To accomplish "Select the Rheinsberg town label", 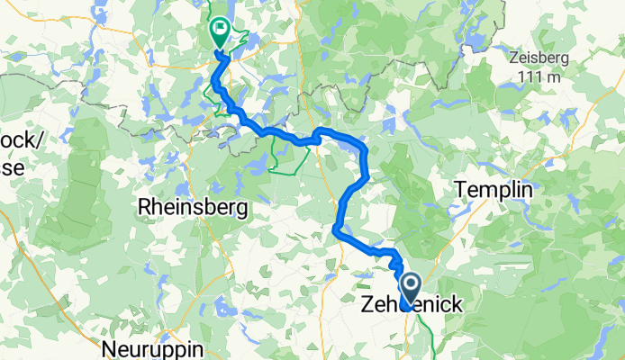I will (x=192, y=208).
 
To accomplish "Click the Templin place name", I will (x=494, y=191).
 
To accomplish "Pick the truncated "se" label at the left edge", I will (x=9, y=162).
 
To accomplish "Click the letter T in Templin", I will (x=462, y=191).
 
